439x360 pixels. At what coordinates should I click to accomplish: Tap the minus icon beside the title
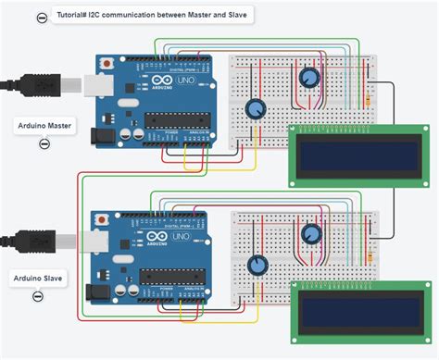42,18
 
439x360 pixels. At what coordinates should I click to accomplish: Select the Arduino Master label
44,125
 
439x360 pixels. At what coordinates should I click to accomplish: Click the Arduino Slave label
38,277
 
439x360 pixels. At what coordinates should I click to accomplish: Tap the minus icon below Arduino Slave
38,297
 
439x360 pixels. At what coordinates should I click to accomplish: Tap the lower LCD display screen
343,311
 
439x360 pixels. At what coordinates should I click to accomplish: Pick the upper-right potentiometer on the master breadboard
309,78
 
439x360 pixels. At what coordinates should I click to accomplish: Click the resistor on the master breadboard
370,93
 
